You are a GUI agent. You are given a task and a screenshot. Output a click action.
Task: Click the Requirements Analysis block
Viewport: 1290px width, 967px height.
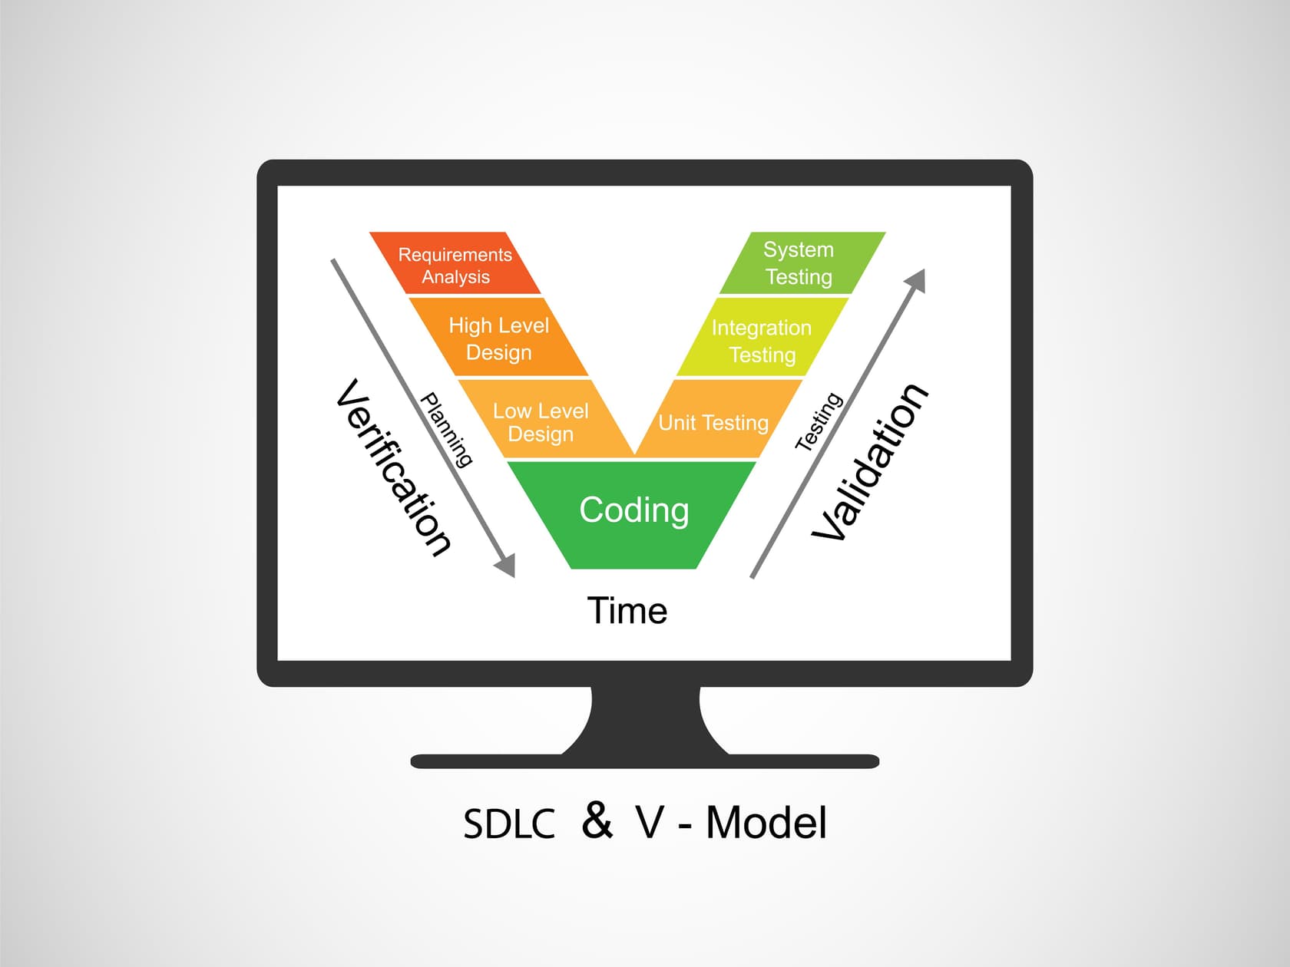(x=455, y=265)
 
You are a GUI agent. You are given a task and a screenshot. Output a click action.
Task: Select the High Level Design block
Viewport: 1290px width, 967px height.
(x=499, y=338)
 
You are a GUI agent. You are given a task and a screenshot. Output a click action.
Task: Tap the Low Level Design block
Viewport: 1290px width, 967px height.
(x=541, y=421)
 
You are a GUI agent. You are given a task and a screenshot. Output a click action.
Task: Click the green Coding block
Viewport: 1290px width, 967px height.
(x=633, y=511)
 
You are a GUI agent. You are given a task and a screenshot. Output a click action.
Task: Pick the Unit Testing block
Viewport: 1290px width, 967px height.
(x=713, y=422)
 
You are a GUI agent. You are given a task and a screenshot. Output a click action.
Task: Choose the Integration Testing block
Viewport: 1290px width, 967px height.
(x=762, y=340)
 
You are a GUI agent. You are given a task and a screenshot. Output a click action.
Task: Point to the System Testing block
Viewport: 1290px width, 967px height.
(x=799, y=263)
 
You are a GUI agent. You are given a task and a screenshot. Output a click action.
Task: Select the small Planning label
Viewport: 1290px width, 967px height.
(x=446, y=430)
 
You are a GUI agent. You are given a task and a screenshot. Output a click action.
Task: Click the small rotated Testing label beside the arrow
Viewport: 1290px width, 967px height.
(x=819, y=421)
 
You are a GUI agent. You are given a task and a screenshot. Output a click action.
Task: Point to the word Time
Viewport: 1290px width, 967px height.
(x=627, y=611)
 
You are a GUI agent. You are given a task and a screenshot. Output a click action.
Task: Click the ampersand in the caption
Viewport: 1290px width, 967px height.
(x=597, y=820)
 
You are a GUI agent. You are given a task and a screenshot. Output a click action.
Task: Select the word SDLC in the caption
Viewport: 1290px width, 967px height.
(x=509, y=823)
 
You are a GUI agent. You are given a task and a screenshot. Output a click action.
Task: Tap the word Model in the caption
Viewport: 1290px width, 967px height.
(x=766, y=823)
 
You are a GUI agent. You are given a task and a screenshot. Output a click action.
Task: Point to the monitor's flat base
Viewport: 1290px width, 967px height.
(x=645, y=761)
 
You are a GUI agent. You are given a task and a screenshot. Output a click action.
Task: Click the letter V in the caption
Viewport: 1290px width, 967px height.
(x=650, y=823)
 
